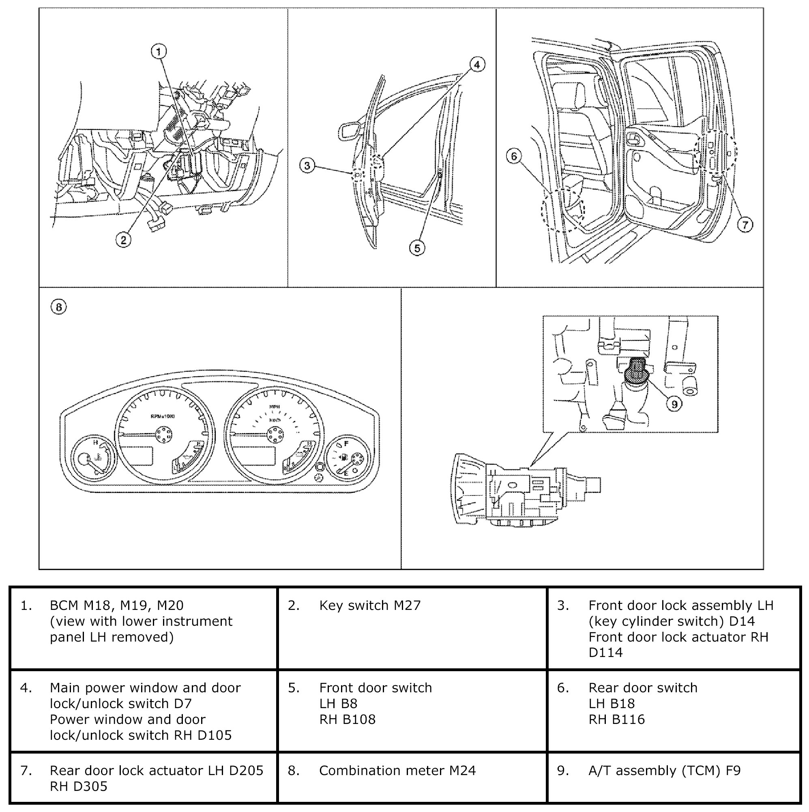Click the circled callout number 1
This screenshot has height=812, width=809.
(159, 52)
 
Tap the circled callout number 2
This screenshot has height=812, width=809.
(123, 240)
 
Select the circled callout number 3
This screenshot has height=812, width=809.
(307, 166)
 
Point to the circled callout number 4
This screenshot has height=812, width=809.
(476, 65)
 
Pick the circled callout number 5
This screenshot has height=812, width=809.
(417, 248)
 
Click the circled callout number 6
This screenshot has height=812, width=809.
(514, 156)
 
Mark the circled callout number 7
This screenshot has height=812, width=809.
(745, 224)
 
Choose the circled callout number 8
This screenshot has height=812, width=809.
(58, 307)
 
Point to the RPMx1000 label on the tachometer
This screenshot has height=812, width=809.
(163, 416)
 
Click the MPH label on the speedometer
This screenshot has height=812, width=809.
(274, 407)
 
